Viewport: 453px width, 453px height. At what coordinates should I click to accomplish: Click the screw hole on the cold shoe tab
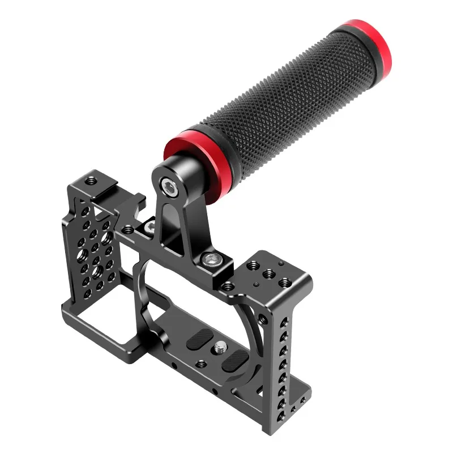click(89, 182)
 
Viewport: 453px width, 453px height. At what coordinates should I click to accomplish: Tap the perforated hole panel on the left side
click(93, 249)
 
